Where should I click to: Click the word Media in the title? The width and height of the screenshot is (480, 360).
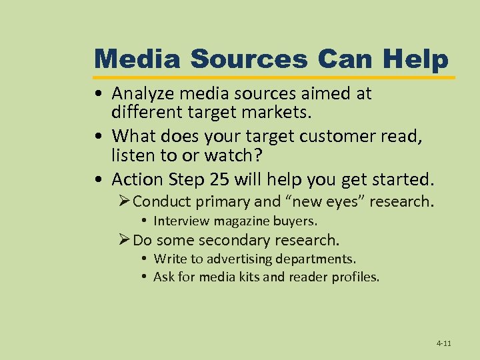(138, 59)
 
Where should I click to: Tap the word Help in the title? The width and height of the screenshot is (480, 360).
(415, 59)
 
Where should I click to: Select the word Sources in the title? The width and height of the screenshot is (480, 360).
(249, 59)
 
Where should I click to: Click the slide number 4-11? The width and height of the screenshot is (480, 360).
(444, 343)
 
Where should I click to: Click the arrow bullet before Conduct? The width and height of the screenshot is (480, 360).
(124, 201)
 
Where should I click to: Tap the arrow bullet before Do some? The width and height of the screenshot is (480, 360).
(124, 240)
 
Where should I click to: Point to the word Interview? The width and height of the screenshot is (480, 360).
(179, 221)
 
